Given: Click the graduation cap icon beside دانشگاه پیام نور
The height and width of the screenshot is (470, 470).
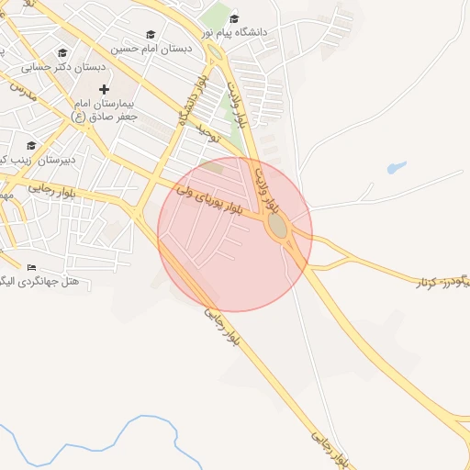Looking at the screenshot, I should coord(234,18).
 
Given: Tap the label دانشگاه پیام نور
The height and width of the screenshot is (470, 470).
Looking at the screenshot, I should coord(266,32).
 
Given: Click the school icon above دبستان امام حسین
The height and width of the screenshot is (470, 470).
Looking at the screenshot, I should coord(151,34).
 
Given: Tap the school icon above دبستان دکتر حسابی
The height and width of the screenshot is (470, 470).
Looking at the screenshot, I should coord(62,53).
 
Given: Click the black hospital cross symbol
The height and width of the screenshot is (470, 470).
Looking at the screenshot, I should coord(104,89).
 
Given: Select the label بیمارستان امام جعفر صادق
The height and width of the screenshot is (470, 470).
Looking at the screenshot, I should coord(106,110).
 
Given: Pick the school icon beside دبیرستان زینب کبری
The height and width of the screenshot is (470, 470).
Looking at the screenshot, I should coord(31,145).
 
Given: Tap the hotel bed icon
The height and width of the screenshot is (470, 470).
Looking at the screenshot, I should coord(31,267).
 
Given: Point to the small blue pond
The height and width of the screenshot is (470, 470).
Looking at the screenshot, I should coord(396,168).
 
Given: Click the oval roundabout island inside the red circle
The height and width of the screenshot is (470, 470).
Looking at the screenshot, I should coord(276,226).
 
